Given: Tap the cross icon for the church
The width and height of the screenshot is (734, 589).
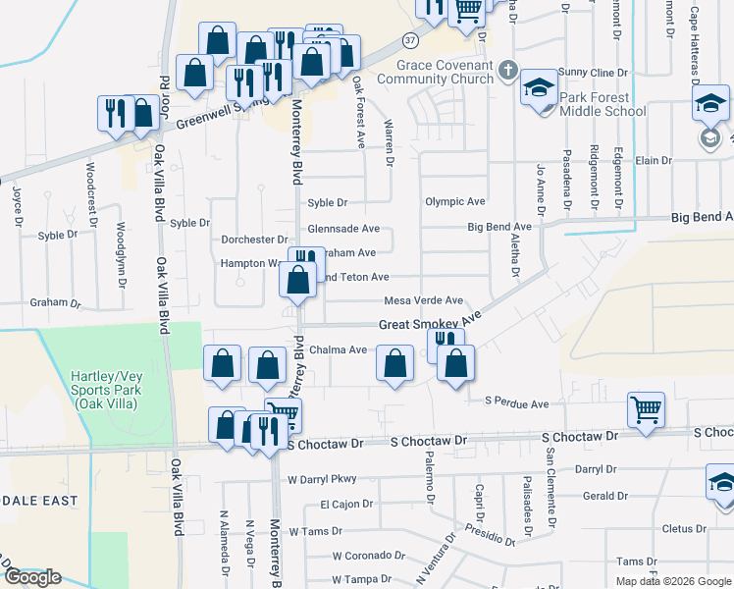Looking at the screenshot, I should (507, 69).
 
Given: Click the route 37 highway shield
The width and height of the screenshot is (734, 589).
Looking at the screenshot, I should (410, 39).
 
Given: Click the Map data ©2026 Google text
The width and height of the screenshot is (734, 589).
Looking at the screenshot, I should (674, 581).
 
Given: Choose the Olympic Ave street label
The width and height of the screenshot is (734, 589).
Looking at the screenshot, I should (455, 202).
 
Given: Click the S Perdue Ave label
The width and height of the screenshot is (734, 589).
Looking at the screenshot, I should (516, 403).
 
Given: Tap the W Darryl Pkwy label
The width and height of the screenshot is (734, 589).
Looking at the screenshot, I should (322, 479).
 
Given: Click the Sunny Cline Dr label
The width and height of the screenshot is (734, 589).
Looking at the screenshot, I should (593, 73).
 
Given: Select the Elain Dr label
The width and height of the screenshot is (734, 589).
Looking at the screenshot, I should (654, 160).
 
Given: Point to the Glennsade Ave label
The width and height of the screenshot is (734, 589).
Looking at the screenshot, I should (343, 229).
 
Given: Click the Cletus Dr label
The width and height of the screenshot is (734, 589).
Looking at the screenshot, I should (677, 528).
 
